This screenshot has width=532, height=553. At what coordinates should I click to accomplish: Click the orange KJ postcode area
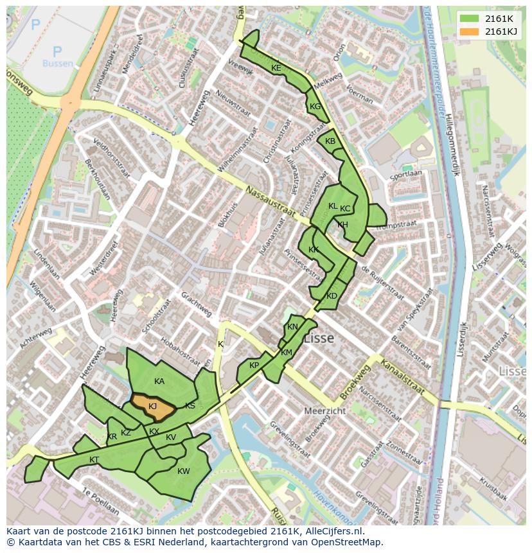coord(153,407)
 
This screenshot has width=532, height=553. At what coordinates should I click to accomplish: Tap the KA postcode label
coord(159,382)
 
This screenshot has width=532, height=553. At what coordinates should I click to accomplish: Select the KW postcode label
coord(184,471)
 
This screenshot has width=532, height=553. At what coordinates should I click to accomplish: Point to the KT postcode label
coord(94,460)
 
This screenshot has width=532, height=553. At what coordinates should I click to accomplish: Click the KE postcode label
coord(276,68)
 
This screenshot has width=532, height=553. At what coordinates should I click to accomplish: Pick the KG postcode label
coord(315,107)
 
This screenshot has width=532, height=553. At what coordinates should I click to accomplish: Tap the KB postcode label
coord(330,141)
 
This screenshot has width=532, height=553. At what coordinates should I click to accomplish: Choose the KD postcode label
coord(332,296)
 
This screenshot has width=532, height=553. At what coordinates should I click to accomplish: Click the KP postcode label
coord(254,365)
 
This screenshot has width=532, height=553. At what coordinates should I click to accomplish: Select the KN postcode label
coord(292,327)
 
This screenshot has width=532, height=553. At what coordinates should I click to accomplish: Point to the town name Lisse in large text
coord(319,338)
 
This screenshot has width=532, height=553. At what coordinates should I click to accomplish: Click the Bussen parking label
coord(58,64)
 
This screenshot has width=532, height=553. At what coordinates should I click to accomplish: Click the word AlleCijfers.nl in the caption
coord(332,532)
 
